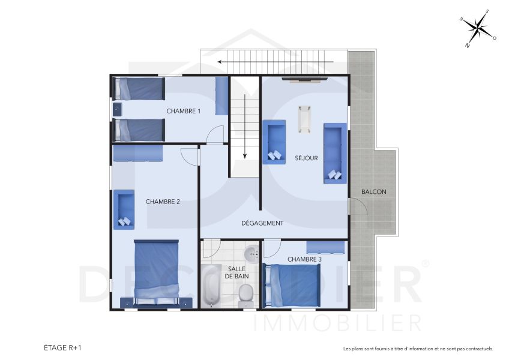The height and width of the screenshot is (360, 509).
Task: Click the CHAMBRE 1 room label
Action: click(183, 111)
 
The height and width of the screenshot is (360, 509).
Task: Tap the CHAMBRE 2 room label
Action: click(163, 202)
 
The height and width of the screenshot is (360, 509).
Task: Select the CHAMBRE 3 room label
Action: click(304, 259)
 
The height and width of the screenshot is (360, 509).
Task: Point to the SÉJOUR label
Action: click(306, 158)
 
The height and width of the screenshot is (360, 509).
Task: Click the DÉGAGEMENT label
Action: click(262, 223)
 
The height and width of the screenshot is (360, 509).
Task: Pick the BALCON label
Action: click(374, 192)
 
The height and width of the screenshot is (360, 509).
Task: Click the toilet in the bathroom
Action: click(245, 293)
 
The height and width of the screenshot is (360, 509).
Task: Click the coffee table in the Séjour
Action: click(304, 119)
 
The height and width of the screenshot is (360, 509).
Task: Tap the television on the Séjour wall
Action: click(305, 77)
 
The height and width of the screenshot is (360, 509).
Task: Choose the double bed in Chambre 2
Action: click(157, 272)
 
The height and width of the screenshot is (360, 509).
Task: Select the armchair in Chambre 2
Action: click(124, 209)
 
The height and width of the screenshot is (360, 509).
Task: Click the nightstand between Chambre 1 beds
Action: click(118, 109)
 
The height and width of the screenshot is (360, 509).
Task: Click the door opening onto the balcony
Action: click(358, 208)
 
